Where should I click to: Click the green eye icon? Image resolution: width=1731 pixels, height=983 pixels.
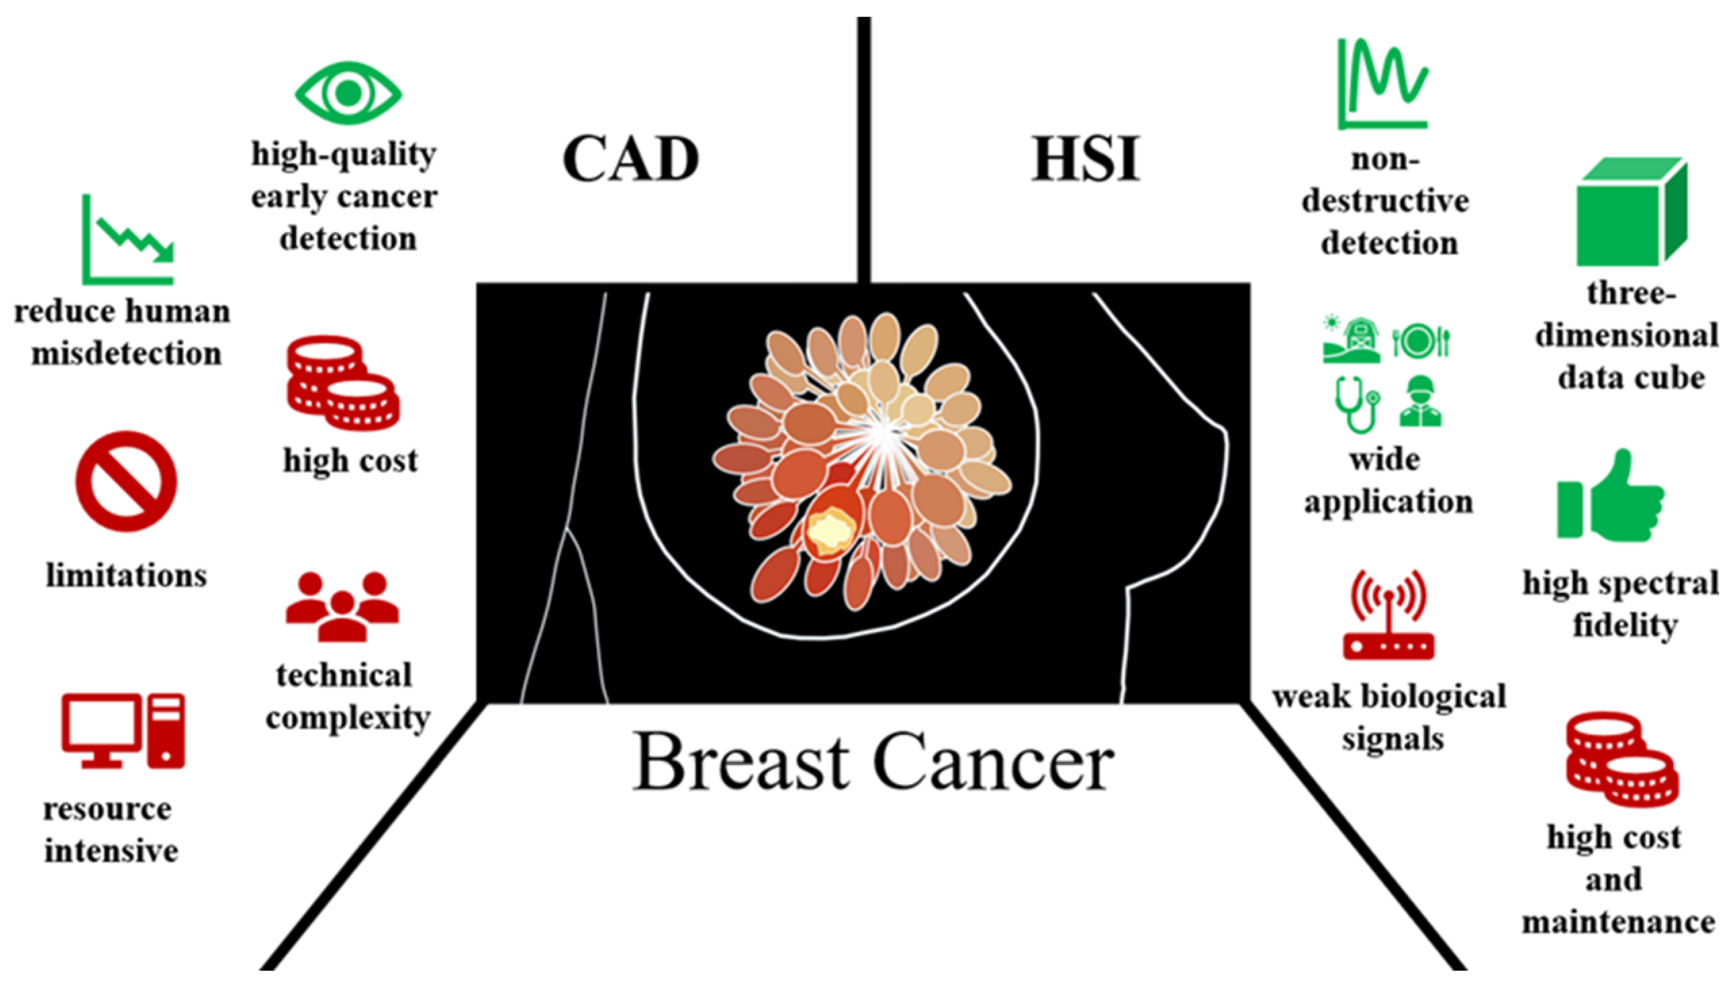[x=348, y=93]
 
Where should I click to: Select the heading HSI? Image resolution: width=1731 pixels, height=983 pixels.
[x=1085, y=159]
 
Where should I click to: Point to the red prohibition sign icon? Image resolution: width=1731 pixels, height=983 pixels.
[x=126, y=482]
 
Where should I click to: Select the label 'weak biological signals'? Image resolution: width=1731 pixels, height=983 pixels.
[x=1389, y=718]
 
